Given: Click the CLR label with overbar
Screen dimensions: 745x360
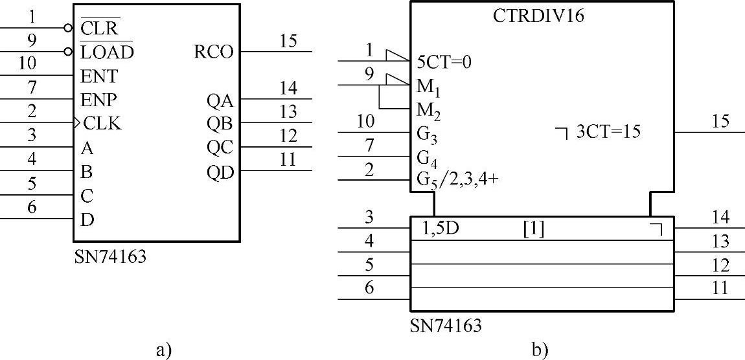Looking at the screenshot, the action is tap(99, 28).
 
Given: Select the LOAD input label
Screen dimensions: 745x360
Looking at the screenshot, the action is tap(107, 52).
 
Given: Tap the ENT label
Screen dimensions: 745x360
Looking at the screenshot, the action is tap(99, 76).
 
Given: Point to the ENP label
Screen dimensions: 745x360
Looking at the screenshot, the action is tap(99, 100).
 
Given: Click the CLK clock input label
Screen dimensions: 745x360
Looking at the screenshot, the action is tap(102, 124).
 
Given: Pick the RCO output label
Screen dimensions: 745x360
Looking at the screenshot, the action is tap(213, 52).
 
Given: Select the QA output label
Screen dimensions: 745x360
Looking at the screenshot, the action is tap(220, 100).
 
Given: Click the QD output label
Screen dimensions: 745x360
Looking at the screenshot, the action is tap(220, 172).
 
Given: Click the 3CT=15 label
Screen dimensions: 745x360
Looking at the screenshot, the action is tap(608, 132).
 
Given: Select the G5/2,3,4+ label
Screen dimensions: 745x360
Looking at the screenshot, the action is tap(458, 179).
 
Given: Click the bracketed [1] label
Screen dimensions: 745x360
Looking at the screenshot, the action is tap(533, 228).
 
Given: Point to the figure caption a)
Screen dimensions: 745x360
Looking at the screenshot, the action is tap(163, 350).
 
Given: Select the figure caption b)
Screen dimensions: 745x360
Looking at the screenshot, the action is tap(540, 350).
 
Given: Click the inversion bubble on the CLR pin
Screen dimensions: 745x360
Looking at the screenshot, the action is tap(68, 28).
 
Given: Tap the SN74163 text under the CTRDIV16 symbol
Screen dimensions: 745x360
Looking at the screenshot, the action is tap(446, 324).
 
